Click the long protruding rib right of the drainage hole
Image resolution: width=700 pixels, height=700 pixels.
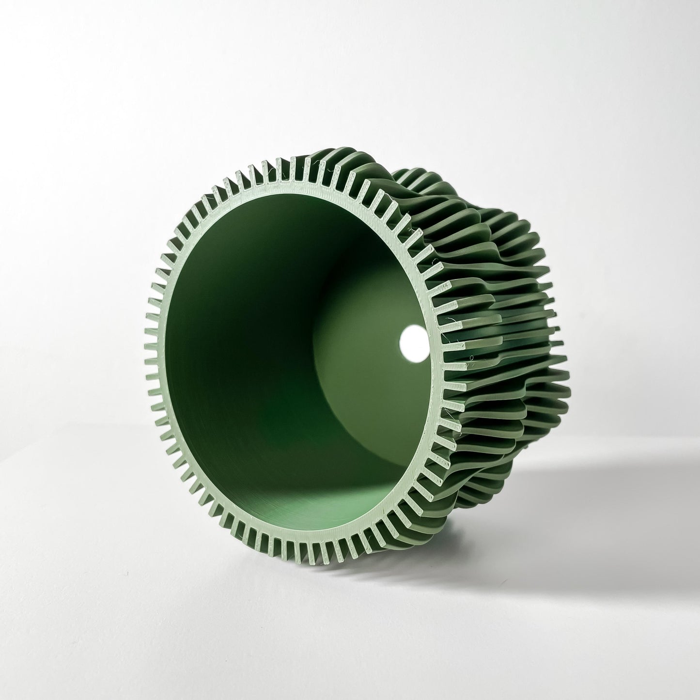[x=489, y=339]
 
